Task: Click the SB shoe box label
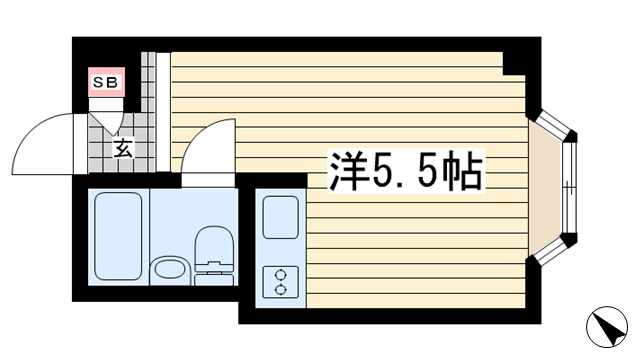pyautogui.click(x=105, y=83)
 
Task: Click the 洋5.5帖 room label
pyautogui.click(x=405, y=173)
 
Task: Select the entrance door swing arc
pyautogui.click(x=45, y=145)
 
